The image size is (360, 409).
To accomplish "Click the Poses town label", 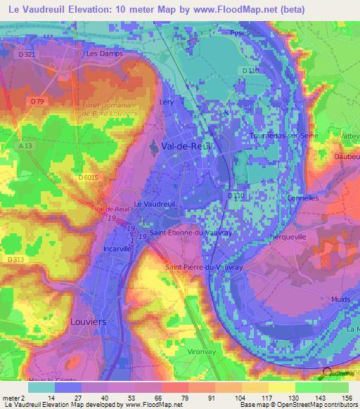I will (237, 33).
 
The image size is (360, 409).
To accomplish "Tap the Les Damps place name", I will (104, 53).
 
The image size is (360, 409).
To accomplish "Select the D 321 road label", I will (27, 54).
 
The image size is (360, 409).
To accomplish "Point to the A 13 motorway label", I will (25, 145).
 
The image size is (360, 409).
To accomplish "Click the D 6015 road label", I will (89, 178).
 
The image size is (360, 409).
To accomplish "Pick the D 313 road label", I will (15, 260).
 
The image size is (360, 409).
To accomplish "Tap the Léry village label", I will (167, 102).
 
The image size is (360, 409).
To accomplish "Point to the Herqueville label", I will (288, 237).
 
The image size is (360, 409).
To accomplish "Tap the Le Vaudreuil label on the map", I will (153, 203).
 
